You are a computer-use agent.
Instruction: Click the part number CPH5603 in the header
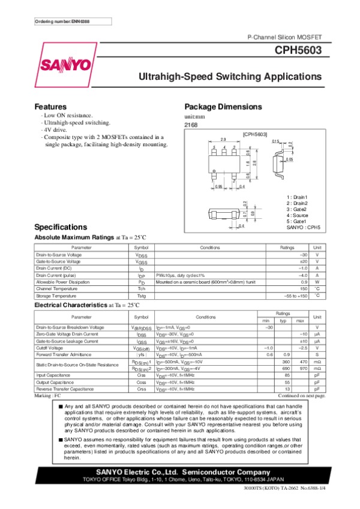coord(299,51)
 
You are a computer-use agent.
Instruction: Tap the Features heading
coord(50,107)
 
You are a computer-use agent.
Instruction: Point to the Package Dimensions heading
coord(223,107)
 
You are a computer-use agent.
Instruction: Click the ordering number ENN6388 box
coord(62,22)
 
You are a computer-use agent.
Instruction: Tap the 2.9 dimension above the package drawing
coord(223,139)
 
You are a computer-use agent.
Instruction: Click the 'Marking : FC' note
coord(48,396)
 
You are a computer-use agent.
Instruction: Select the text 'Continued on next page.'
coord(302,396)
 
